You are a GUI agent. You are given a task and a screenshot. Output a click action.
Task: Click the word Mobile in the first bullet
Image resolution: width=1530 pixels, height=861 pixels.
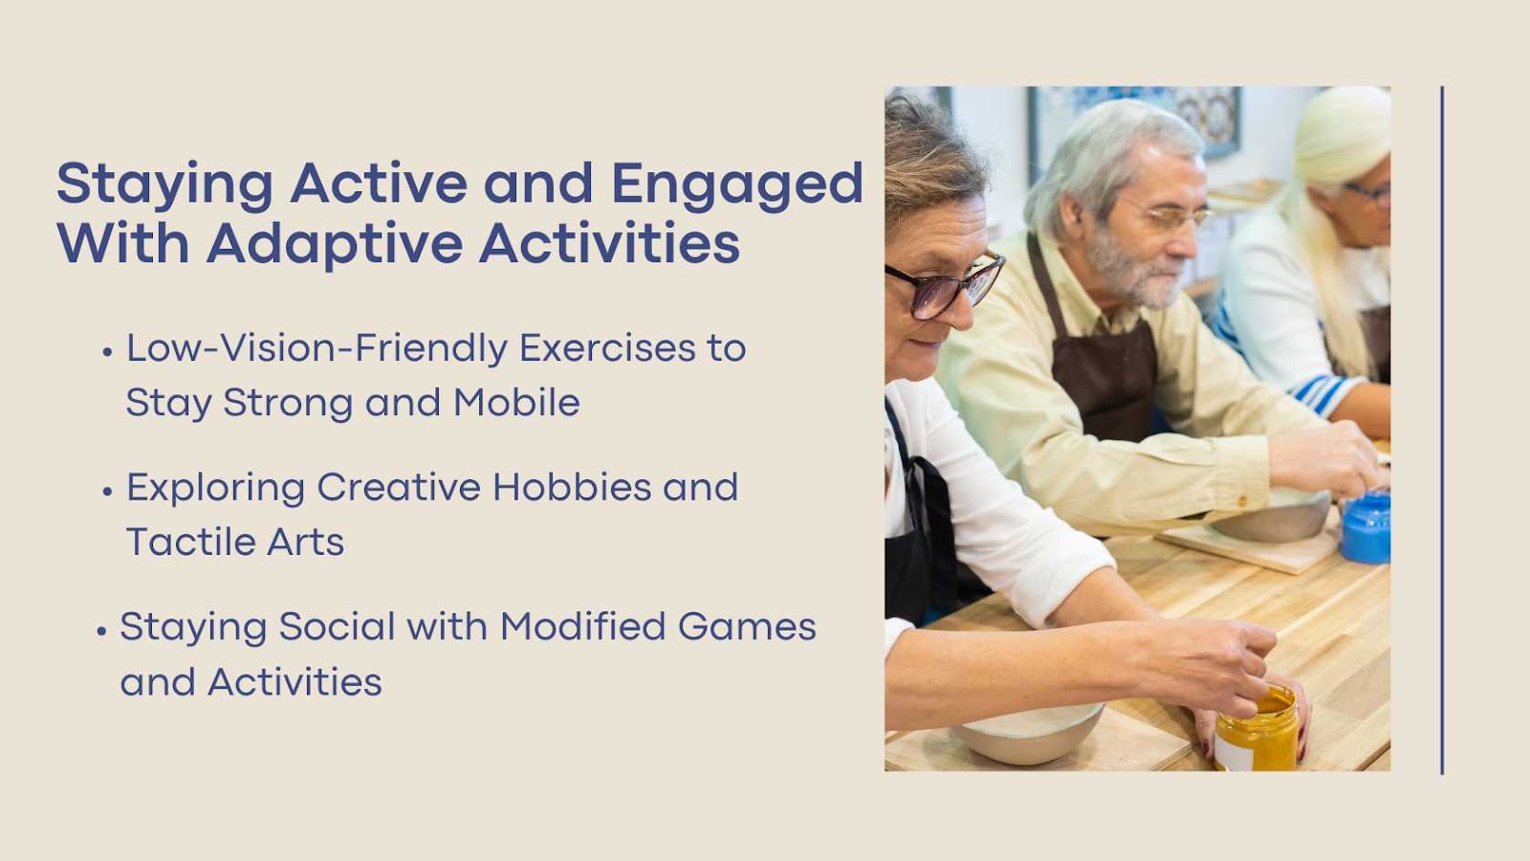(x=516, y=402)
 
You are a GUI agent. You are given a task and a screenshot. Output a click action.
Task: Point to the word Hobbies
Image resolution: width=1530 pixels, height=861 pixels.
(x=572, y=487)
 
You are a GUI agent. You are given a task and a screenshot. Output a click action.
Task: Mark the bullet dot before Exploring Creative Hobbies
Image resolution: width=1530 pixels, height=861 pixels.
(x=107, y=491)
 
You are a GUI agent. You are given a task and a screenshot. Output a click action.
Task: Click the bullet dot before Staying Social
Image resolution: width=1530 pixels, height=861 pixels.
(x=101, y=630)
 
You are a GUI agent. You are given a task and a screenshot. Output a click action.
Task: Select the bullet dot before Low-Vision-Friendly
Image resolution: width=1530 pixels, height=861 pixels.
(x=106, y=352)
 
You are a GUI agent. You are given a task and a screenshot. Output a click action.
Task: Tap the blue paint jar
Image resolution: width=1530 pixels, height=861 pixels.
(x=1366, y=527)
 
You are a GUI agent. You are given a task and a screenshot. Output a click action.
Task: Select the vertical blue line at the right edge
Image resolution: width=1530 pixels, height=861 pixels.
(x=1442, y=430)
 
